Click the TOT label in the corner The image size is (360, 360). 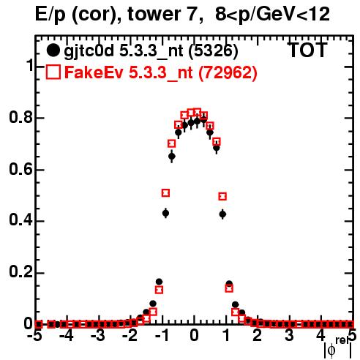pos(307,50)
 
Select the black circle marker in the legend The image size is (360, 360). pos(53,50)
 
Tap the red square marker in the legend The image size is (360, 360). pos(53,72)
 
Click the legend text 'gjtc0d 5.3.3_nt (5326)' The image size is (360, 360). pos(151,51)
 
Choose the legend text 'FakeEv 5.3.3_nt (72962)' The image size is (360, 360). pos(161,72)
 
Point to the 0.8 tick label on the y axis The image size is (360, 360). pos(20,117)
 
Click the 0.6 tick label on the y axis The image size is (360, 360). pos(20,169)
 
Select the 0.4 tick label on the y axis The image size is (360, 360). pos(20,220)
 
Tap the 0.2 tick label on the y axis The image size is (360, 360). pos(20,272)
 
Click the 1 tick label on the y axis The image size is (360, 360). pos(29,65)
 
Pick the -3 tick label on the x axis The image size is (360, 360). pos(98,336)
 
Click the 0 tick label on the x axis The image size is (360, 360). pos(194,336)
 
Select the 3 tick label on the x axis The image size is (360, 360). pos(290,336)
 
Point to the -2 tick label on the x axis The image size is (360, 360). pos(130,336)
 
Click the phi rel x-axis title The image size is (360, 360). pos(338,348)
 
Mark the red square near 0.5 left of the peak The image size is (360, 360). pos(165,193)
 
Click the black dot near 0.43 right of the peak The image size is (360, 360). pos(222,214)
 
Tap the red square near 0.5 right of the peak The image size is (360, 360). pos(222,196)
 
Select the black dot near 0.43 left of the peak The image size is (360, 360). pos(165,214)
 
